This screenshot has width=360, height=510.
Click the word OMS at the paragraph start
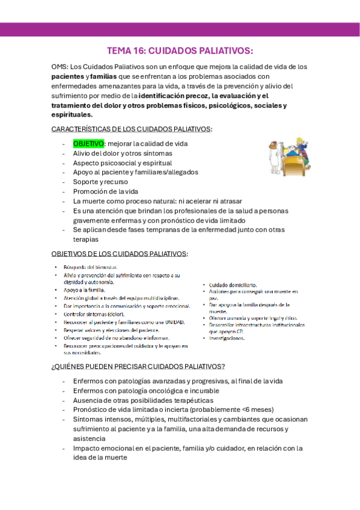click(59, 67)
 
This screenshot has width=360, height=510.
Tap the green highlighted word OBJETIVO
click(88, 144)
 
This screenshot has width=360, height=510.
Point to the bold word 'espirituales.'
click(72, 114)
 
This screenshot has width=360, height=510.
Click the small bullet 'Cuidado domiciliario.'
click(233, 284)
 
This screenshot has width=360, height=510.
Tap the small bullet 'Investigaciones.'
click(227, 339)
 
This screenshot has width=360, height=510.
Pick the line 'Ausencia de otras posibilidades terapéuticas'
click(143, 400)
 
